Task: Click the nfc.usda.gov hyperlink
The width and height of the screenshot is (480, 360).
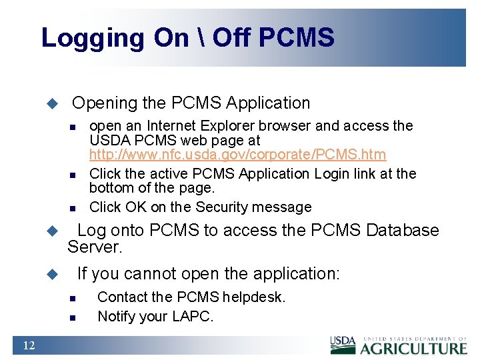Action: pos(237,155)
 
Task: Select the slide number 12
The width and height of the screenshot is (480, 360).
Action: pos(29,345)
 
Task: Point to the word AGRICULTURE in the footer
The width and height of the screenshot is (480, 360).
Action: pos(414,348)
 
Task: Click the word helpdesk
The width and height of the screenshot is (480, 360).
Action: pos(254,297)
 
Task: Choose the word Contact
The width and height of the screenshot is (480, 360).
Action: pos(122,297)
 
